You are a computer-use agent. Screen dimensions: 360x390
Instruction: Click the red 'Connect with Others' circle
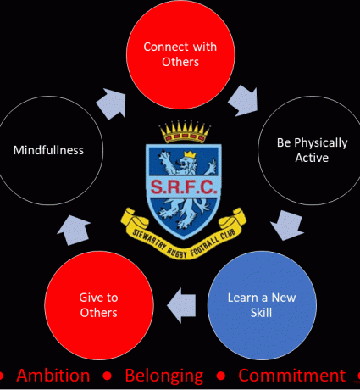(x=180, y=54)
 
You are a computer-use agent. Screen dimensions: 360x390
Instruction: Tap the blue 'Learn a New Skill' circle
(x=262, y=305)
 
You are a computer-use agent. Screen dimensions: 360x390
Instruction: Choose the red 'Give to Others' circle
(x=99, y=305)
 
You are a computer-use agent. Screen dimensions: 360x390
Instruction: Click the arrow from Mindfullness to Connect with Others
(x=112, y=103)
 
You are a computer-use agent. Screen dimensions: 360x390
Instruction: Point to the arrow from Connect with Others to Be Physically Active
(x=244, y=101)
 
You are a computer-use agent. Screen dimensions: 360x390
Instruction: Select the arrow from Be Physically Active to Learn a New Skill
(x=286, y=226)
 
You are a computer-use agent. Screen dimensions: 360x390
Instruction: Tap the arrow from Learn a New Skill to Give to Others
(x=181, y=305)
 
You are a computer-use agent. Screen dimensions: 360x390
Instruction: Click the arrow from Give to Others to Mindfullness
(x=73, y=230)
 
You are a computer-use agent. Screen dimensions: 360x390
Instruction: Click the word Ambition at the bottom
(x=53, y=376)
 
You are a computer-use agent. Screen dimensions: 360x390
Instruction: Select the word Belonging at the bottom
(x=164, y=376)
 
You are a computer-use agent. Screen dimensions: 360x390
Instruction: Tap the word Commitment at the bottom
(x=291, y=376)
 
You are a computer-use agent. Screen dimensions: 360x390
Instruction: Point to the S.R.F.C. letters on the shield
(x=184, y=187)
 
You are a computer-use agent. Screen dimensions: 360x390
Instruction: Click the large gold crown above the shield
(x=185, y=131)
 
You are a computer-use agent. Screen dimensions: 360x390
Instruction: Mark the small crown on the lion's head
(x=190, y=154)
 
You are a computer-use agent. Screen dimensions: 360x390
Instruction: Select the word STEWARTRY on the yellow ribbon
(x=149, y=240)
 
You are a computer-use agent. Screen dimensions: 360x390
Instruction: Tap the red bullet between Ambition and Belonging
(x=108, y=376)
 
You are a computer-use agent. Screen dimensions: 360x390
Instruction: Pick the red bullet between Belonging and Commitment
(x=221, y=376)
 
